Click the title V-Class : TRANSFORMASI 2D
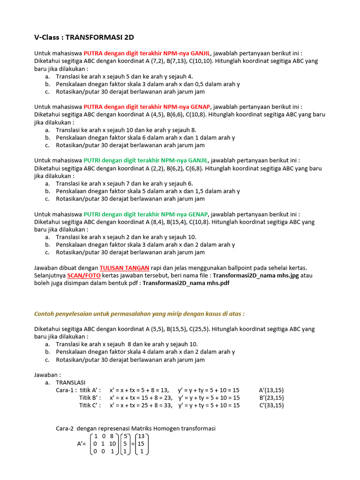click(x=87, y=37)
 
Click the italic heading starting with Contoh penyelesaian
click(x=139, y=314)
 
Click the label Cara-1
click(x=66, y=390)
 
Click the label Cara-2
click(x=66, y=428)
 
